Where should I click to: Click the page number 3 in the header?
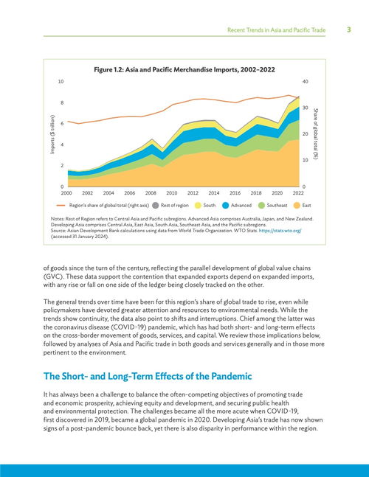349,29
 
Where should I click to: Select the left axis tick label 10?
61,82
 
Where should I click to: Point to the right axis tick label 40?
305,82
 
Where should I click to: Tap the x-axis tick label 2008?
151,193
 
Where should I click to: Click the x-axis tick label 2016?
235,193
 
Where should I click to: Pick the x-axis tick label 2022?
298,193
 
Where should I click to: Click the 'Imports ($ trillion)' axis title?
52,134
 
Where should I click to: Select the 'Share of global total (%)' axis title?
316,134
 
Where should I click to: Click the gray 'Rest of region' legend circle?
156,206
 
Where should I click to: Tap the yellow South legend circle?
198,206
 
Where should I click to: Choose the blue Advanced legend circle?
226,206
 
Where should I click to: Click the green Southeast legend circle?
261,206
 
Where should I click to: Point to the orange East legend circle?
297,206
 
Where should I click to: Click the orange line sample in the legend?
61,206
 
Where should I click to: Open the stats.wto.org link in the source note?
280,231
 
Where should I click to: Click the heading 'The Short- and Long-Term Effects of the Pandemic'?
148,376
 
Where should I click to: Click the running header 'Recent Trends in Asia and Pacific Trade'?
277,30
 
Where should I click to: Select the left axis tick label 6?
62,124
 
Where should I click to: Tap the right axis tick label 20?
305,134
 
